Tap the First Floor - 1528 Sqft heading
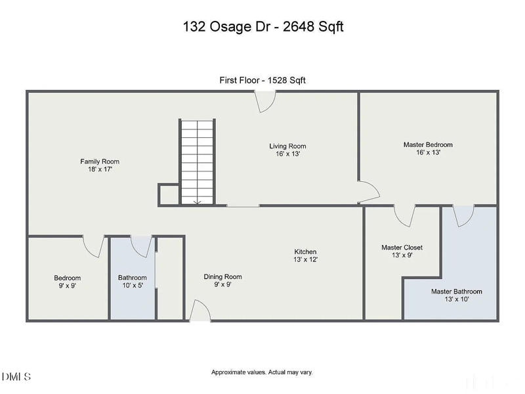(x=262, y=80)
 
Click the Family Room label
(x=100, y=162)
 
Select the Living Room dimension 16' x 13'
(x=287, y=154)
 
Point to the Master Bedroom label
(x=427, y=144)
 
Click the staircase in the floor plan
(x=198, y=162)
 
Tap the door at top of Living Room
(x=266, y=101)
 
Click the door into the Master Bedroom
(x=367, y=192)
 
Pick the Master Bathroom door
(x=463, y=215)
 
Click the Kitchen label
(x=305, y=252)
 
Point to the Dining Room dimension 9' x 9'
(x=222, y=285)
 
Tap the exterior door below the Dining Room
(x=200, y=311)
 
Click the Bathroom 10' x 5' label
(x=132, y=282)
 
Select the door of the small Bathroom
(x=142, y=246)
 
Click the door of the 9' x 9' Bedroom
(x=94, y=246)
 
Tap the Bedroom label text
(x=67, y=278)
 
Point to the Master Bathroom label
(x=456, y=291)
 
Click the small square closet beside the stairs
(x=168, y=194)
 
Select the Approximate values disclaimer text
(x=262, y=372)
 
